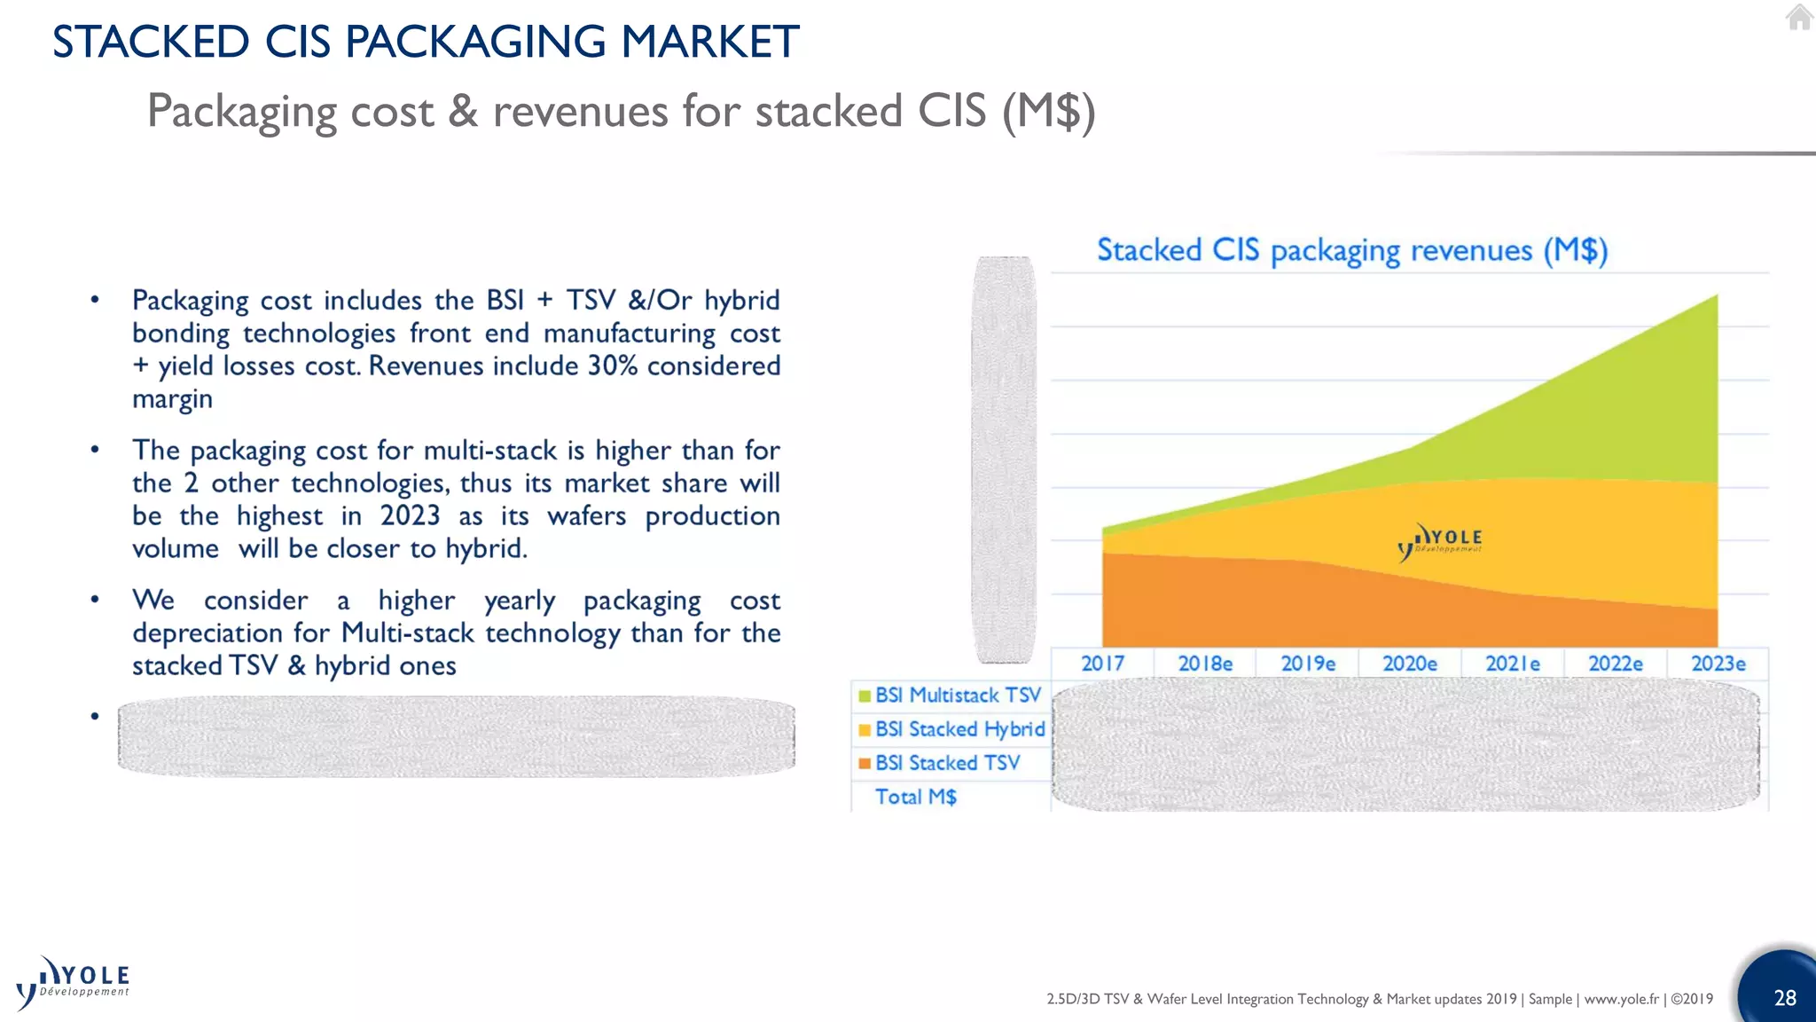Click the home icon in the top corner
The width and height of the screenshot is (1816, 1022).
pyautogui.click(x=1799, y=17)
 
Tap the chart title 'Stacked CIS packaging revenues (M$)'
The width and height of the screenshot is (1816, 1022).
pyautogui.click(x=1351, y=251)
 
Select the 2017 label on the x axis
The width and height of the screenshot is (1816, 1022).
pyautogui.click(x=1102, y=664)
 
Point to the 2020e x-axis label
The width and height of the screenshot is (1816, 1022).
pyautogui.click(x=1410, y=664)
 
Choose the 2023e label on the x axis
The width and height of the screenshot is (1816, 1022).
pyautogui.click(x=1718, y=664)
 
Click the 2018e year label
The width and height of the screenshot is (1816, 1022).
pyautogui.click(x=1205, y=664)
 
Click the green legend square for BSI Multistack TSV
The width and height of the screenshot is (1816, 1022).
pyautogui.click(x=865, y=696)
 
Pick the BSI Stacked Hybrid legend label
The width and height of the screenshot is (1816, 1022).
pyautogui.click(x=959, y=729)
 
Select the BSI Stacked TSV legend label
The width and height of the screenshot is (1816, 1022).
pyautogui.click(x=947, y=763)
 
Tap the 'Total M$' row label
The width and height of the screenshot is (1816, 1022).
pyautogui.click(x=916, y=797)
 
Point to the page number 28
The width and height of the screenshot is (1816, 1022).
pyautogui.click(x=1784, y=998)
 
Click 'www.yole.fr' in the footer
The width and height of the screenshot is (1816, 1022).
pyautogui.click(x=1621, y=999)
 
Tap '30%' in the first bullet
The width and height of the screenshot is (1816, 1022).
pyautogui.click(x=613, y=366)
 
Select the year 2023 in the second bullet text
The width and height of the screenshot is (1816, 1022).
pyautogui.click(x=410, y=515)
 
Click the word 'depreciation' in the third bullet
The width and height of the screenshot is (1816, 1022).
pyautogui.click(x=208, y=633)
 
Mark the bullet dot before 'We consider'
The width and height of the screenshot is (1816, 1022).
pyautogui.click(x=95, y=601)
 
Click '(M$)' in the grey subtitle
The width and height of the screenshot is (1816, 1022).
pyautogui.click(x=1049, y=112)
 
